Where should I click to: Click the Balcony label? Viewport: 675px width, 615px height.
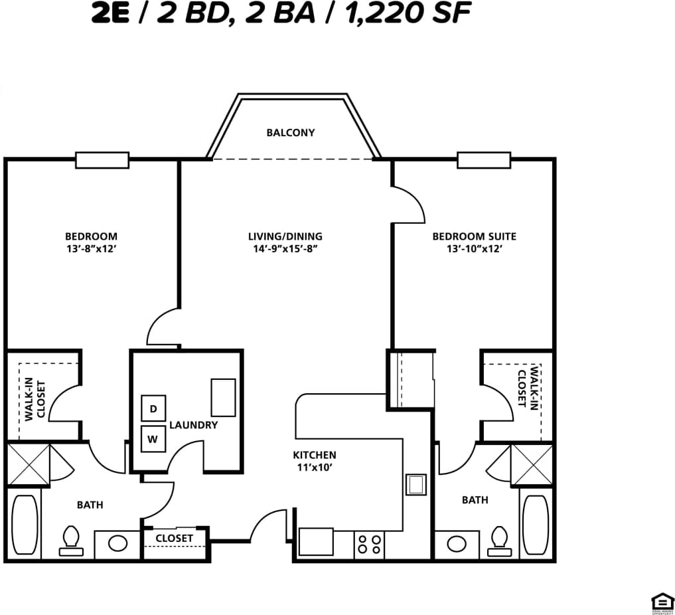(290, 133)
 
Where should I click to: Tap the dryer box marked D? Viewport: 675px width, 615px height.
(153, 409)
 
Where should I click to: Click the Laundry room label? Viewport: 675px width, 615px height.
(193, 425)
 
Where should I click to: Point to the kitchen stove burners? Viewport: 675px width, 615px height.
(369, 545)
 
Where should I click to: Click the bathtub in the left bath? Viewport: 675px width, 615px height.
(25, 525)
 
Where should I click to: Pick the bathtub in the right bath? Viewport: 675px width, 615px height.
(535, 525)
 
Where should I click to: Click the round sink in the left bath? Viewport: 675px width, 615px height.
(117, 544)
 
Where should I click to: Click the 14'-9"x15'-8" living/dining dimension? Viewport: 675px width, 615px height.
(285, 250)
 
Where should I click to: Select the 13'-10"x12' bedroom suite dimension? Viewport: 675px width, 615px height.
(474, 250)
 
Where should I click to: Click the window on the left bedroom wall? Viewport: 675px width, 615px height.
(102, 160)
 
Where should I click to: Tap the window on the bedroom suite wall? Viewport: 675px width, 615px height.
(483, 160)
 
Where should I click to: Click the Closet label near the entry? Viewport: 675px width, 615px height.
(175, 538)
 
